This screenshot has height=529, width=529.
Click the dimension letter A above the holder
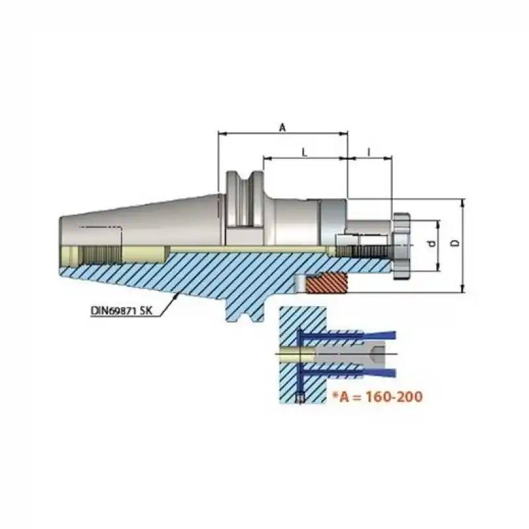coord(282,128)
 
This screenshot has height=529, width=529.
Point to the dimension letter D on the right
coord(454,243)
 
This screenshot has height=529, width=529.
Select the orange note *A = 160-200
coord(376,397)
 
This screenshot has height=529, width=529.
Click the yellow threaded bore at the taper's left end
coord(93,253)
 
